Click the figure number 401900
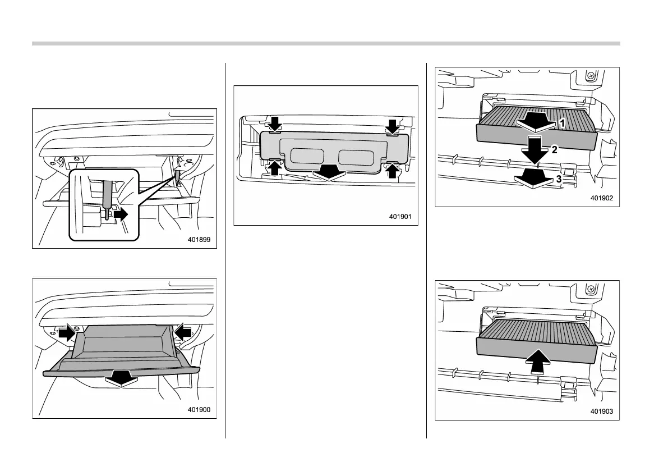(x=199, y=410)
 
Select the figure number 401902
(x=602, y=198)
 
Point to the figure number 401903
(x=602, y=411)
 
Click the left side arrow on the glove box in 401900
(x=67, y=333)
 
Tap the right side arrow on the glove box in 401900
(x=182, y=333)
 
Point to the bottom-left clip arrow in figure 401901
(x=275, y=168)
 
